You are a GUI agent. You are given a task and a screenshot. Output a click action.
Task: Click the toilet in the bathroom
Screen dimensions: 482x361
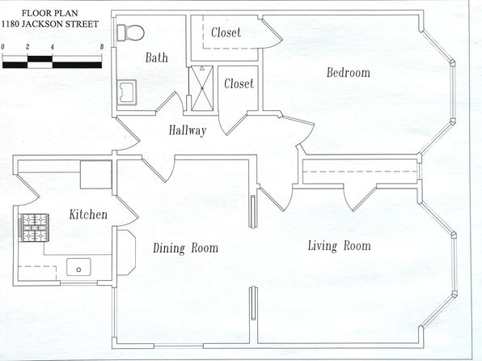(x=131, y=32)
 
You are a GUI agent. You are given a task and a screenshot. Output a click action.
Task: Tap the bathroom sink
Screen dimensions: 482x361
(x=127, y=92)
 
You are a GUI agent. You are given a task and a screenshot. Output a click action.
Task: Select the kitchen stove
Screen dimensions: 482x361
(x=34, y=227)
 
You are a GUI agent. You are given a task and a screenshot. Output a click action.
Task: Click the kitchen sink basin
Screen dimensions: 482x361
(x=78, y=267)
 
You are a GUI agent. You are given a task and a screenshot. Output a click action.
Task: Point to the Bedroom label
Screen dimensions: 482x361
(x=349, y=73)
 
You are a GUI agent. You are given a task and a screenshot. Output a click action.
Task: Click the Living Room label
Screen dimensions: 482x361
(x=340, y=246)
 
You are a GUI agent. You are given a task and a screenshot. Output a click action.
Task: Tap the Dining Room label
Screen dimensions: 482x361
(x=186, y=248)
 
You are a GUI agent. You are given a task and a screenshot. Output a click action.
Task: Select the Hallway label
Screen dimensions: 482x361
(x=188, y=130)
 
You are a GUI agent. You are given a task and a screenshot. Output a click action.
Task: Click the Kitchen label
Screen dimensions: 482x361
(x=88, y=214)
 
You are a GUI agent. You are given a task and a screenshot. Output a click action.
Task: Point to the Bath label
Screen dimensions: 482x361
(x=157, y=57)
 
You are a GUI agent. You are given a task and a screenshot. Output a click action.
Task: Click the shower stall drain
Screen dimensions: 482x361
(x=202, y=88)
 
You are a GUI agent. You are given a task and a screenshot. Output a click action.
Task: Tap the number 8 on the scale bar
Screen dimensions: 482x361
(x=102, y=47)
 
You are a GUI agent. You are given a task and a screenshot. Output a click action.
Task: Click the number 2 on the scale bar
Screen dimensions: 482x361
(x=27, y=47)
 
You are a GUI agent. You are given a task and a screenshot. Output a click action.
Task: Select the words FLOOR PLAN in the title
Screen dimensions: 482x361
(x=50, y=13)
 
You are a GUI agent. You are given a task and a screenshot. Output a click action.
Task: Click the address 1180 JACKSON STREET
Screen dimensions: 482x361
(x=50, y=24)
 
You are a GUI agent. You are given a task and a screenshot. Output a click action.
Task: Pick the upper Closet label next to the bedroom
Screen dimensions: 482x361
(x=226, y=32)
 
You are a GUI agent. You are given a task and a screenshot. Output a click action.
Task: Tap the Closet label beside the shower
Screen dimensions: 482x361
(x=239, y=83)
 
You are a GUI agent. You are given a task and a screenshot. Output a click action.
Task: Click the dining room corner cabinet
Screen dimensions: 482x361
(x=126, y=253)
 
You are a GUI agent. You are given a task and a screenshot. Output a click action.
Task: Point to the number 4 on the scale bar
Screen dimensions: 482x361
(x=53, y=47)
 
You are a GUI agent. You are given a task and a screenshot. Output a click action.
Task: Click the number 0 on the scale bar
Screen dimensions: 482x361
(x=2, y=47)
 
